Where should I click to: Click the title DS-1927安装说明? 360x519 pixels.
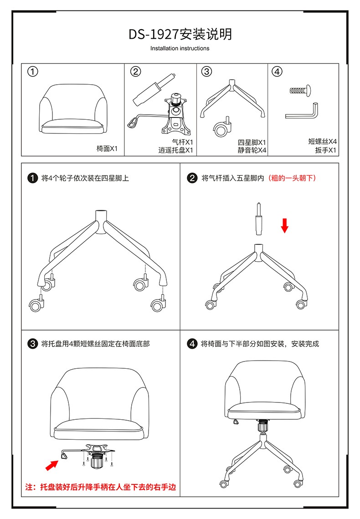click(x=180, y=34)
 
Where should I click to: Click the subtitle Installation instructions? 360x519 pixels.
click(x=180, y=48)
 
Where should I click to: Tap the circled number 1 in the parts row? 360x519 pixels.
click(x=32, y=71)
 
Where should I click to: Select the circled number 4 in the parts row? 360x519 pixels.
click(x=277, y=71)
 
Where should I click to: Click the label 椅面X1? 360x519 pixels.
click(x=107, y=149)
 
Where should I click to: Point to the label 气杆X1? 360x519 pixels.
click(x=183, y=142)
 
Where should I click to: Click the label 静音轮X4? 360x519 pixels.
click(x=252, y=150)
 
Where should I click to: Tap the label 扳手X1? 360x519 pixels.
click(x=326, y=150)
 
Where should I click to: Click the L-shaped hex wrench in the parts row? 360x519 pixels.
click(x=303, y=112)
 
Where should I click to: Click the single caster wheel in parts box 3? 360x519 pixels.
click(x=222, y=129)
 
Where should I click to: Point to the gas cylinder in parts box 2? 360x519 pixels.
click(x=152, y=89)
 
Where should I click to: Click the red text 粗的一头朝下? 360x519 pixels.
click(x=292, y=178)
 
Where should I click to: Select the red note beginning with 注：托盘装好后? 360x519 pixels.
click(x=100, y=487)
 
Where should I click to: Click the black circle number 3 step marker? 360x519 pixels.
click(x=32, y=344)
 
